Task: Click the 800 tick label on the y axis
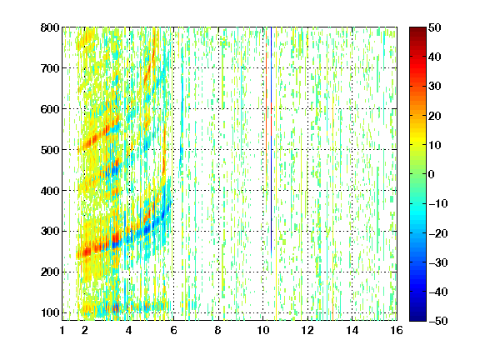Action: (x=50, y=27)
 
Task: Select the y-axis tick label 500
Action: (x=50, y=150)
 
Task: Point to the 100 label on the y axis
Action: (x=50, y=312)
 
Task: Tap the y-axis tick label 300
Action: (x=50, y=232)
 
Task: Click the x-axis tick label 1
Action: (x=62, y=330)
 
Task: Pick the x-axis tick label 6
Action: (x=173, y=330)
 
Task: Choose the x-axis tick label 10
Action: (x=263, y=330)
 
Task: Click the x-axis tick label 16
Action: (x=397, y=330)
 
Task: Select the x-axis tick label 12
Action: (x=307, y=330)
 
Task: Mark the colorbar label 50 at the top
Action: (x=434, y=27)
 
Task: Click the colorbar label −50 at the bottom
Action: (x=438, y=321)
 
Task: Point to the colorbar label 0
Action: (x=431, y=174)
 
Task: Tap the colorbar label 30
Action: (x=434, y=87)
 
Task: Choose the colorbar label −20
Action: (x=438, y=233)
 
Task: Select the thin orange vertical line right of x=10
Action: (x=267, y=101)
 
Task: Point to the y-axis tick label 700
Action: (x=50, y=68)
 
